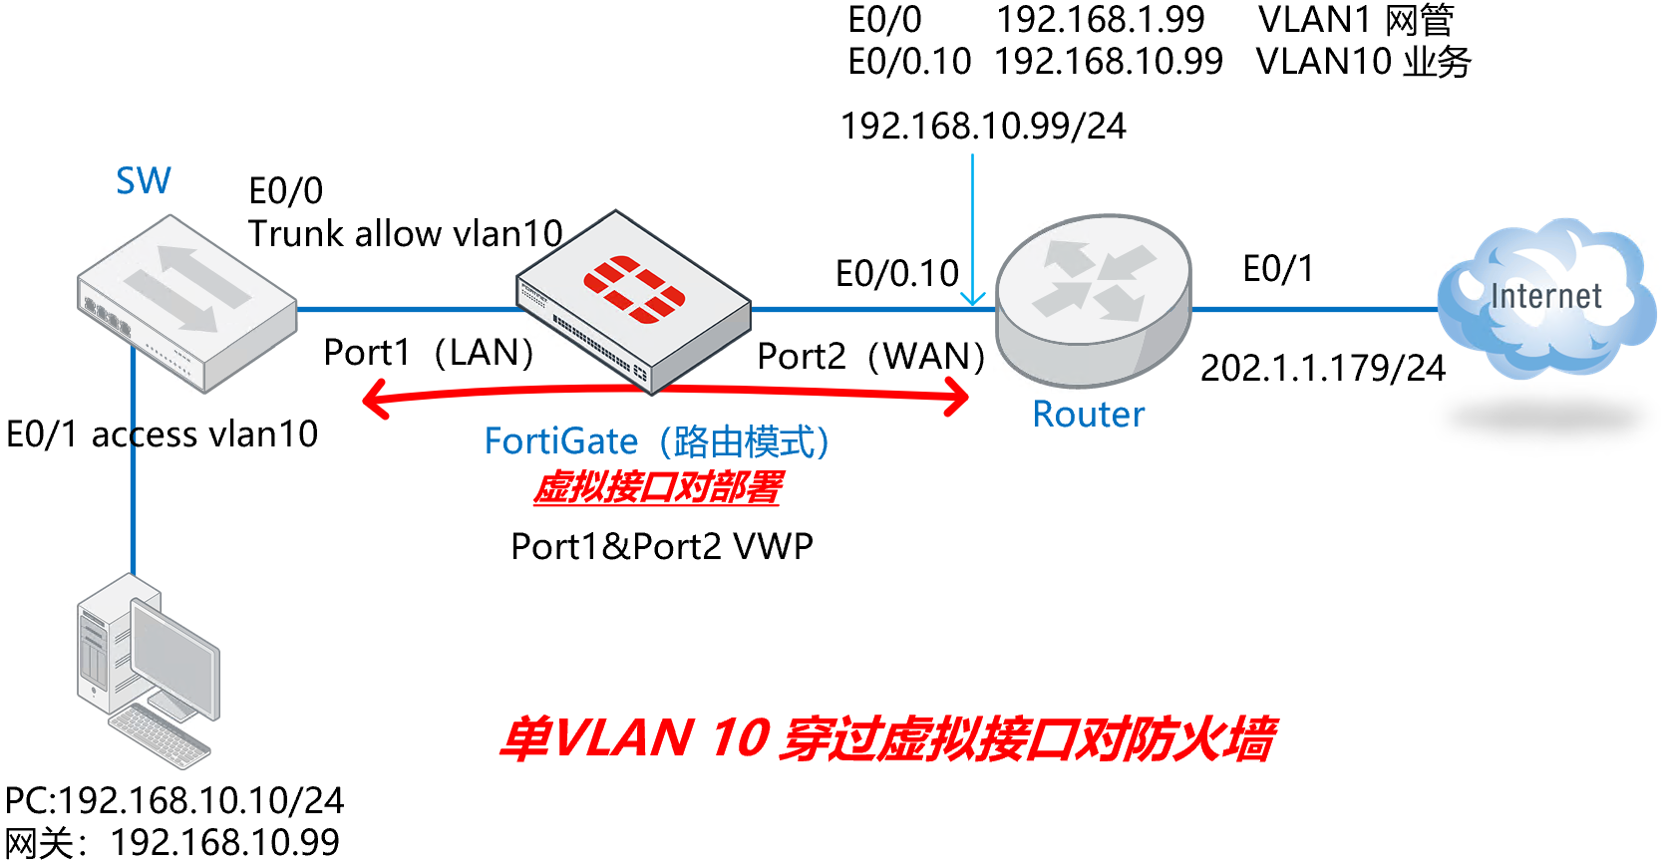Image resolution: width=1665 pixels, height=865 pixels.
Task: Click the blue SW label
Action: point(144,181)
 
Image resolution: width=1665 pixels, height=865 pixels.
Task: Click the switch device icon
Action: point(186,302)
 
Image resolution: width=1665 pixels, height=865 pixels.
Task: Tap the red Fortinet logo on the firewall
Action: point(634,289)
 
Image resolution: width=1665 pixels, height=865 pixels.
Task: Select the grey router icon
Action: point(1094,299)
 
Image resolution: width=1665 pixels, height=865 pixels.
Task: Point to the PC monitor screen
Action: point(174,658)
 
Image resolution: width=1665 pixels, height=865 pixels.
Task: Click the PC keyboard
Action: point(160,737)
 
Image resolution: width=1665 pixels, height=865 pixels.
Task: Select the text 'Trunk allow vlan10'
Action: point(405,234)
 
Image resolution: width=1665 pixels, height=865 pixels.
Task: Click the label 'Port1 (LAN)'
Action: point(429,353)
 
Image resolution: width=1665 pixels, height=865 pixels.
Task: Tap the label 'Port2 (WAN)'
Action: point(870,357)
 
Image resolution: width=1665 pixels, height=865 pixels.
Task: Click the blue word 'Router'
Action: point(1088,415)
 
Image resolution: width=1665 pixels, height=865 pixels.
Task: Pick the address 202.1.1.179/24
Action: point(1322,369)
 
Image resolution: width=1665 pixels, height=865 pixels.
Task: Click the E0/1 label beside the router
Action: point(1278,269)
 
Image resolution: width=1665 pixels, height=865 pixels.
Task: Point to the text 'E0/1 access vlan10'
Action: point(162,434)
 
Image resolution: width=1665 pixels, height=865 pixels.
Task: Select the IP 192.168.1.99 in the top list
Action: point(1100,20)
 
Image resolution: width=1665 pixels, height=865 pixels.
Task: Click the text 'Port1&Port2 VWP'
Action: point(662,547)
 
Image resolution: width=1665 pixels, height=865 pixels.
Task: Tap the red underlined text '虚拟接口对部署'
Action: point(657,488)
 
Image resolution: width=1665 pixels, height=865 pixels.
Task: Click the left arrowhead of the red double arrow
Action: point(373,402)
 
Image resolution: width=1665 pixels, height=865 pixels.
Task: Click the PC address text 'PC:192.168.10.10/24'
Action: point(174,801)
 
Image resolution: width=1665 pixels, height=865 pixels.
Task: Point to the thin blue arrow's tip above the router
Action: point(973,302)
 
